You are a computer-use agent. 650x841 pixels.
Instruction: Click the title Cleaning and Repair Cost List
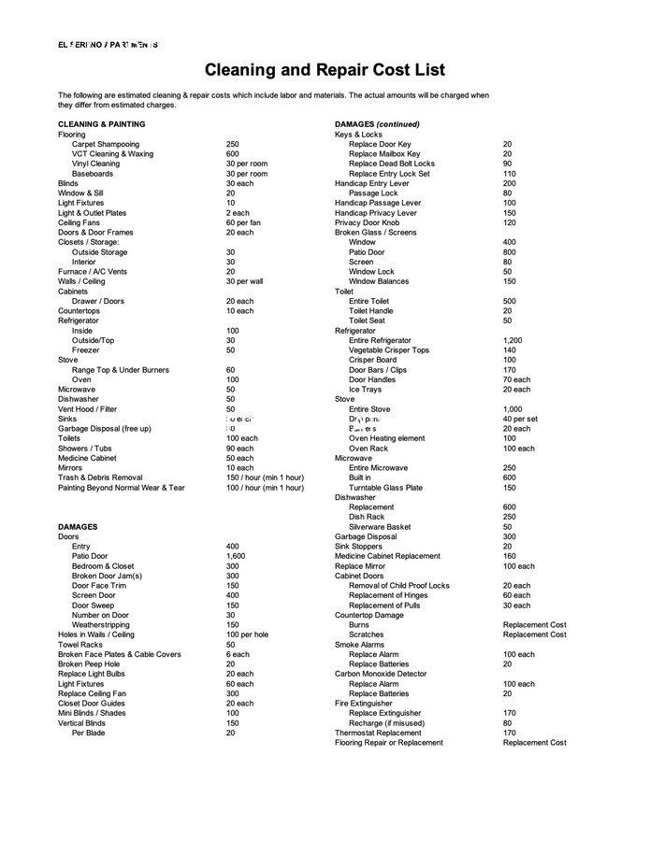[325, 70]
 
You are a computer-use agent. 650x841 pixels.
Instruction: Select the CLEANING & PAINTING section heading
[101, 124]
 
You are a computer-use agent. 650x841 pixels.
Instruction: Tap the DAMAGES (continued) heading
[377, 124]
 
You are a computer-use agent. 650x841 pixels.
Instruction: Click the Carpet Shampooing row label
[106, 144]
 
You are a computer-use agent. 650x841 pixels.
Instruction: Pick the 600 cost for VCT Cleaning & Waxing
[233, 154]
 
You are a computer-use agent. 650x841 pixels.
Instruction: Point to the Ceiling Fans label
[79, 222]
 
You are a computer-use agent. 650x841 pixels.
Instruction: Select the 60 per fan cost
[243, 222]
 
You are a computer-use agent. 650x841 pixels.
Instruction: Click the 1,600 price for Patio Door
[236, 556]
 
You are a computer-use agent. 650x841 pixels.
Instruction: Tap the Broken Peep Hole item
[89, 664]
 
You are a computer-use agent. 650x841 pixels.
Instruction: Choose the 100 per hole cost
[247, 634]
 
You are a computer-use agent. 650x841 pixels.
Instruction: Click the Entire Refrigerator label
[380, 340]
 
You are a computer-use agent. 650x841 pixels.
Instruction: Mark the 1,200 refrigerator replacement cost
[513, 340]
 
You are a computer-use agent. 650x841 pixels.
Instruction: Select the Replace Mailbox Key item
[384, 154]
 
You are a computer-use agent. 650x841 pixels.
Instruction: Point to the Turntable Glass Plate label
[385, 488]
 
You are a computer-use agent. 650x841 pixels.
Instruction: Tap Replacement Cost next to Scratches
[534, 634]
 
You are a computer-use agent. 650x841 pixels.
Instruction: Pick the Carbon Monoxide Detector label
[381, 674]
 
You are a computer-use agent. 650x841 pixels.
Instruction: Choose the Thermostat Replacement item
[378, 733]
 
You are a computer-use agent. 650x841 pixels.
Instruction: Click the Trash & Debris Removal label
[100, 478]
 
